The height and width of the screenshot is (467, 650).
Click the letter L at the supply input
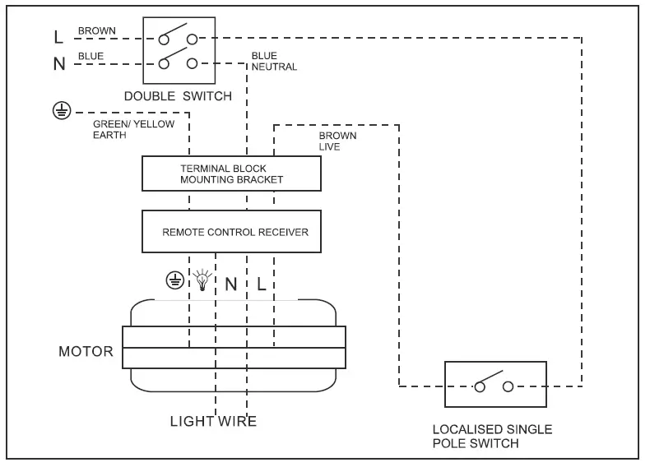tap(58, 37)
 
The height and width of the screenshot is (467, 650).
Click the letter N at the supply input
tap(59, 63)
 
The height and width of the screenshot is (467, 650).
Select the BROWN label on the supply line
tap(97, 31)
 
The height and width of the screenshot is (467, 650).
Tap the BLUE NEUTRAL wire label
tap(274, 62)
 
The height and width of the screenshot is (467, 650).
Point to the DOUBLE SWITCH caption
tap(178, 96)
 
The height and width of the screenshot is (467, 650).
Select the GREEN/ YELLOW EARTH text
tap(123, 130)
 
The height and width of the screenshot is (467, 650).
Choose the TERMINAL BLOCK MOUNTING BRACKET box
tap(231, 173)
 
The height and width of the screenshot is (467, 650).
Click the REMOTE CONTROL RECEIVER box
tap(231, 232)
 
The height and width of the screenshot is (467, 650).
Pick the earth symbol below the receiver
tap(174, 281)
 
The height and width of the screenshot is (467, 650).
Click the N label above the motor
tap(231, 284)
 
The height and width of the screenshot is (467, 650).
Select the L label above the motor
tap(261, 284)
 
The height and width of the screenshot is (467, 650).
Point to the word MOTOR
tap(86, 351)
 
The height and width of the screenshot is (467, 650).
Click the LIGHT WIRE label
tap(213, 422)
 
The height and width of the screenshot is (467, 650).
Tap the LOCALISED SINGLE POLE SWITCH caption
tap(492, 437)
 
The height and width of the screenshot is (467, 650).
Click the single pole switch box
tap(494, 384)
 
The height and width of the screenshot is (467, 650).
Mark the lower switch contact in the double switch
tap(179, 61)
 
